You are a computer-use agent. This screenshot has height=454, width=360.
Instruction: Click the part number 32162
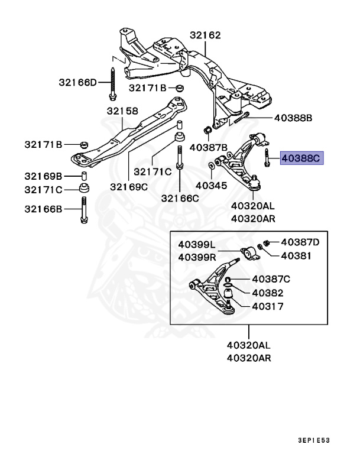click(205, 36)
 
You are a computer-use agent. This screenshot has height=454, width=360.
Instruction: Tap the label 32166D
click(77, 82)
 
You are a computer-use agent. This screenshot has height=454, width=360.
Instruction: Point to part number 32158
click(122, 111)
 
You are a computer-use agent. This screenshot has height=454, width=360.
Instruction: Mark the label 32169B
click(43, 176)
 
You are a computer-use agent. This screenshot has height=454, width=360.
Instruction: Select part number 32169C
click(128, 186)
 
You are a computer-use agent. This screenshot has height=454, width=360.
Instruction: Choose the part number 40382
click(267, 293)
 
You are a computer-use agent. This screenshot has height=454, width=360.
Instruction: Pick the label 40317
click(267, 307)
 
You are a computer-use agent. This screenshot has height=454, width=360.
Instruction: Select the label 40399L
click(197, 245)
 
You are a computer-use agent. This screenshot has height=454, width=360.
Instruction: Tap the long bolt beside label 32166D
click(112, 82)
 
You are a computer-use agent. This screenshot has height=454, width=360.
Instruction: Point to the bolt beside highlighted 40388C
click(267, 158)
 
